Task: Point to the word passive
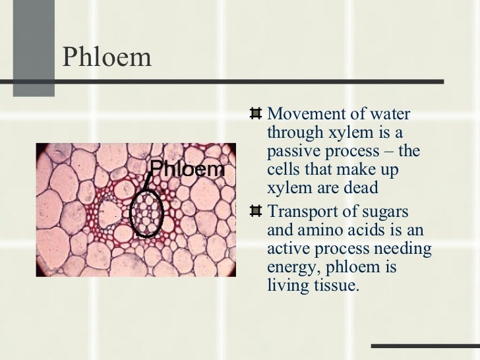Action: click(x=291, y=151)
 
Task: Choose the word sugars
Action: click(x=386, y=212)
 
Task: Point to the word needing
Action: click(x=406, y=249)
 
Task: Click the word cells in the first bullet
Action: click(x=284, y=169)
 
